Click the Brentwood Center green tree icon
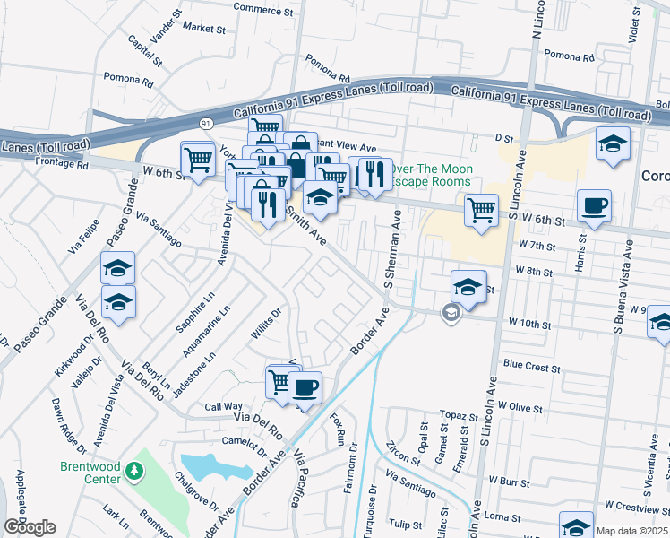[x=133, y=470]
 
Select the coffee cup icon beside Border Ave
[x=305, y=388]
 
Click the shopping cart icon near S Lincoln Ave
[x=481, y=211]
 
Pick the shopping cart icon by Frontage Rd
[x=198, y=160]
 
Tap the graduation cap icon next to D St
[x=613, y=143]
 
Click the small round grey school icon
[x=451, y=311]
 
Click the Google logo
[x=30, y=526]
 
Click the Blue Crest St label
[x=531, y=367]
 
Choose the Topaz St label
[x=460, y=417]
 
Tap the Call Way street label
[x=224, y=406]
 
